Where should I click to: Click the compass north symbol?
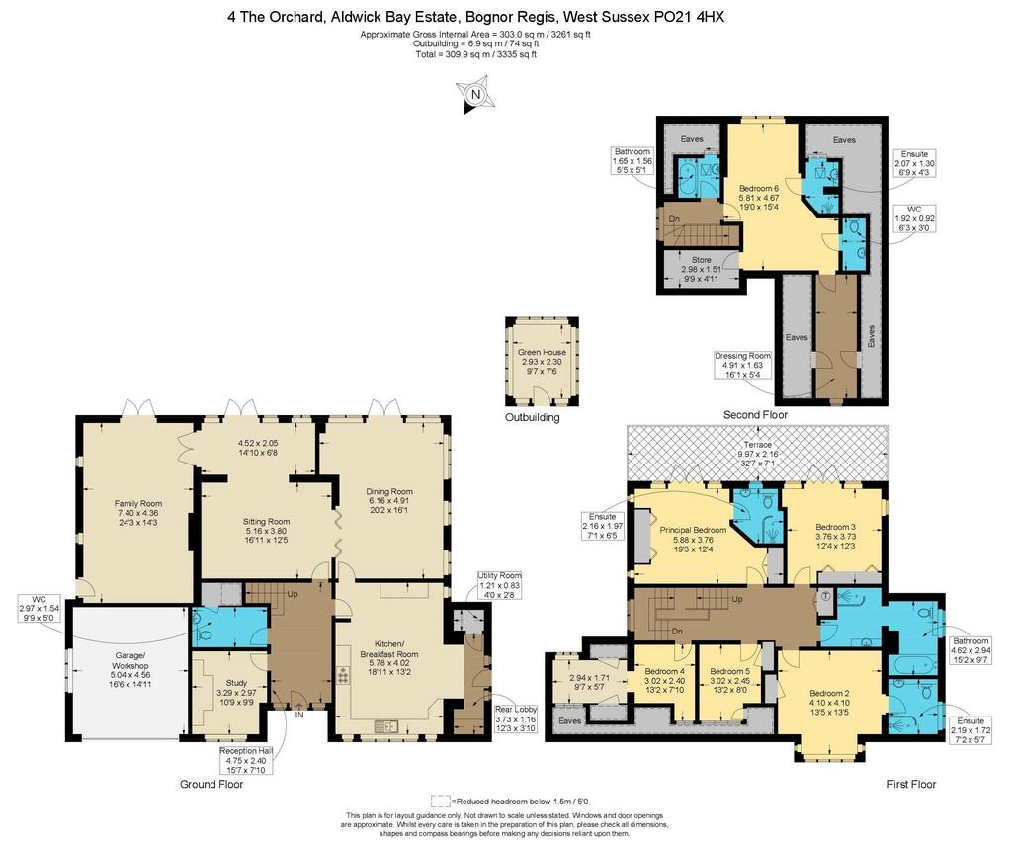475,96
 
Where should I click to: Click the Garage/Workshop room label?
129,661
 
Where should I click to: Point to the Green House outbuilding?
542,362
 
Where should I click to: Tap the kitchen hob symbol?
343,677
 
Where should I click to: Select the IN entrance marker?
299,715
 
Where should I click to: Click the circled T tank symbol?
826,596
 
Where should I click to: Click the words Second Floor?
755,415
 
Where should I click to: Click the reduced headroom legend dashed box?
440,802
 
